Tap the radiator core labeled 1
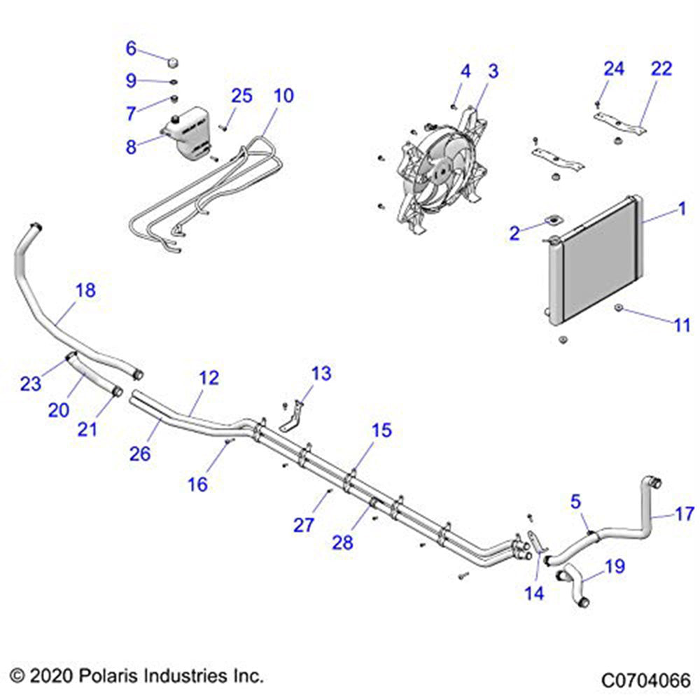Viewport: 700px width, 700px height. (598, 262)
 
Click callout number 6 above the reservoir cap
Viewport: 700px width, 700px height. (131, 48)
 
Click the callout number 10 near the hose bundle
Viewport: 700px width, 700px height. (283, 95)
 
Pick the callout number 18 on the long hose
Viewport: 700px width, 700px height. (85, 290)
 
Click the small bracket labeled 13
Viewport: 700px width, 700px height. (294, 417)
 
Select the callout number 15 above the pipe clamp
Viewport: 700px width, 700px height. (382, 430)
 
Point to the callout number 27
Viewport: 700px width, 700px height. (304, 524)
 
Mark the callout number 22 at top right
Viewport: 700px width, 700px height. (661, 69)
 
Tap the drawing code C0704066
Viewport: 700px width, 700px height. (645, 680)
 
